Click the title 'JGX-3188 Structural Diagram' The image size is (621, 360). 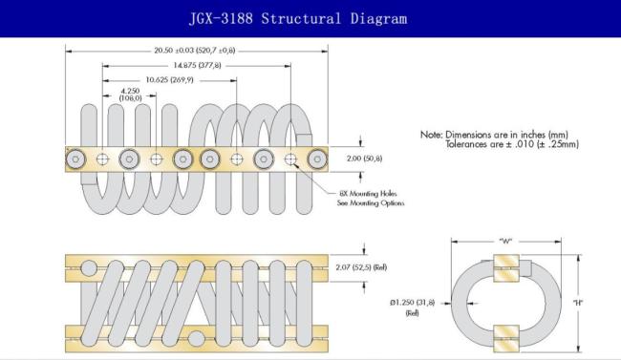click(298, 18)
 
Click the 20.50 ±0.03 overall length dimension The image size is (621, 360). click(195, 51)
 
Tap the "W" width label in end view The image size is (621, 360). click(505, 241)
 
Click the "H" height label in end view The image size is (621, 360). click(578, 303)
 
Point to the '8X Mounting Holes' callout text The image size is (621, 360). click(368, 194)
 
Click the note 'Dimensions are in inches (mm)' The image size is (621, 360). click(506, 135)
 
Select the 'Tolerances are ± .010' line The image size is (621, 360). click(512, 144)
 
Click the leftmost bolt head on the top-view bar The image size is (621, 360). click(75, 159)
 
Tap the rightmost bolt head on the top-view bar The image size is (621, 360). click(317, 159)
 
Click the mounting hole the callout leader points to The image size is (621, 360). click(290, 159)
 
